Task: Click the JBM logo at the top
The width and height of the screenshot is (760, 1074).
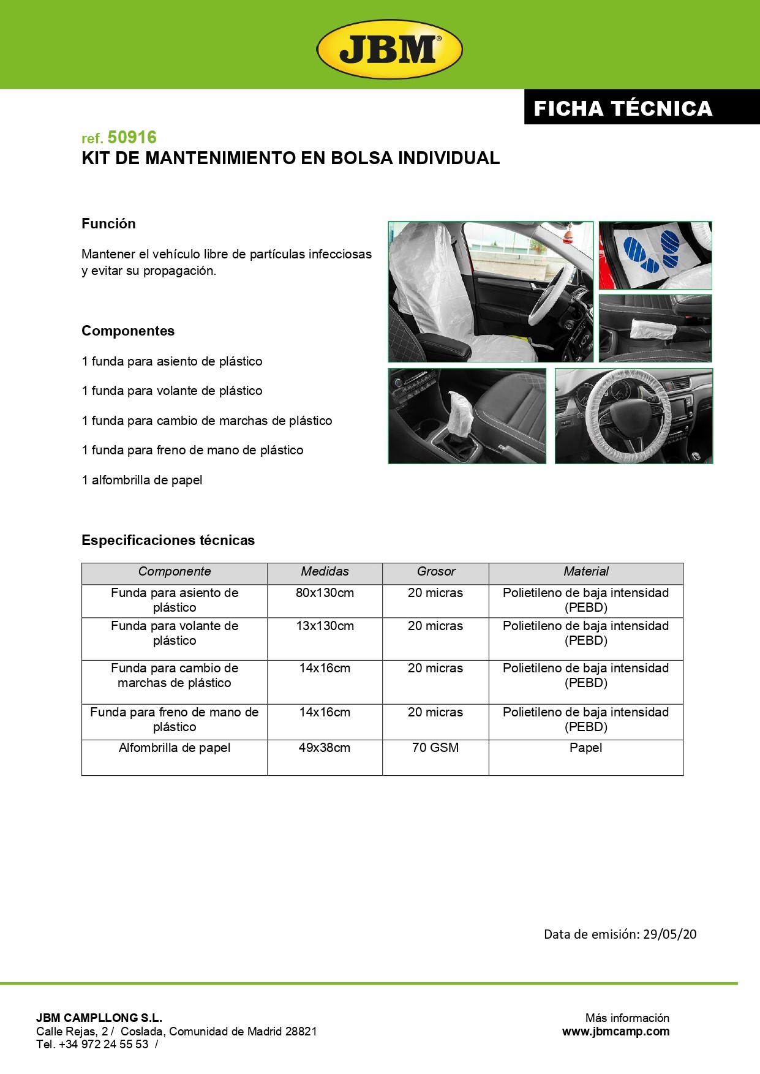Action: pyautogui.click(x=389, y=49)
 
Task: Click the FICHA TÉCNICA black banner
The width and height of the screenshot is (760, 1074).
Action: pyautogui.click(x=623, y=108)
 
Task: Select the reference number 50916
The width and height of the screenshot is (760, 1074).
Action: pyautogui.click(x=132, y=137)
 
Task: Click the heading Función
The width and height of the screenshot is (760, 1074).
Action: pyautogui.click(x=108, y=223)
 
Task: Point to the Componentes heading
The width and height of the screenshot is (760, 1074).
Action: pyautogui.click(x=128, y=331)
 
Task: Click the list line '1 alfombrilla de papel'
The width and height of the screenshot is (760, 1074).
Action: pyautogui.click(x=142, y=480)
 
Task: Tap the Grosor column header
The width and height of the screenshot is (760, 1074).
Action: pyautogui.click(x=435, y=571)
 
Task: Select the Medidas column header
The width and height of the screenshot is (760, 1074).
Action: pyautogui.click(x=325, y=571)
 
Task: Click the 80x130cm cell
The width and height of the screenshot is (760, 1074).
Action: pyautogui.click(x=325, y=593)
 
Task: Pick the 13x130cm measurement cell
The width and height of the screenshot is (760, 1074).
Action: pyautogui.click(x=325, y=626)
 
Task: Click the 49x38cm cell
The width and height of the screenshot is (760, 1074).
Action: pyautogui.click(x=325, y=748)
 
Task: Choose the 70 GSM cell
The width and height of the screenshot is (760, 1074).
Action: pyautogui.click(x=435, y=748)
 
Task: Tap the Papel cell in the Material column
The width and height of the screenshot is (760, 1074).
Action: pyautogui.click(x=585, y=748)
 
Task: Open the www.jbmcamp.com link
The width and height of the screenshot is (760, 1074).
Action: pyautogui.click(x=615, y=1031)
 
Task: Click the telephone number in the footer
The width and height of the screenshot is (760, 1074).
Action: pyautogui.click(x=103, y=1045)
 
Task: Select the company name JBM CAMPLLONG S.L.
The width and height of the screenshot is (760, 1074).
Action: pyautogui.click(x=99, y=1018)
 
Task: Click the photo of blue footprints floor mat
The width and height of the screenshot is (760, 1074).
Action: pyautogui.click(x=655, y=255)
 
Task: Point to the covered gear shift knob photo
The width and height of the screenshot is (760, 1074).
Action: pyautogui.click(x=467, y=416)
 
